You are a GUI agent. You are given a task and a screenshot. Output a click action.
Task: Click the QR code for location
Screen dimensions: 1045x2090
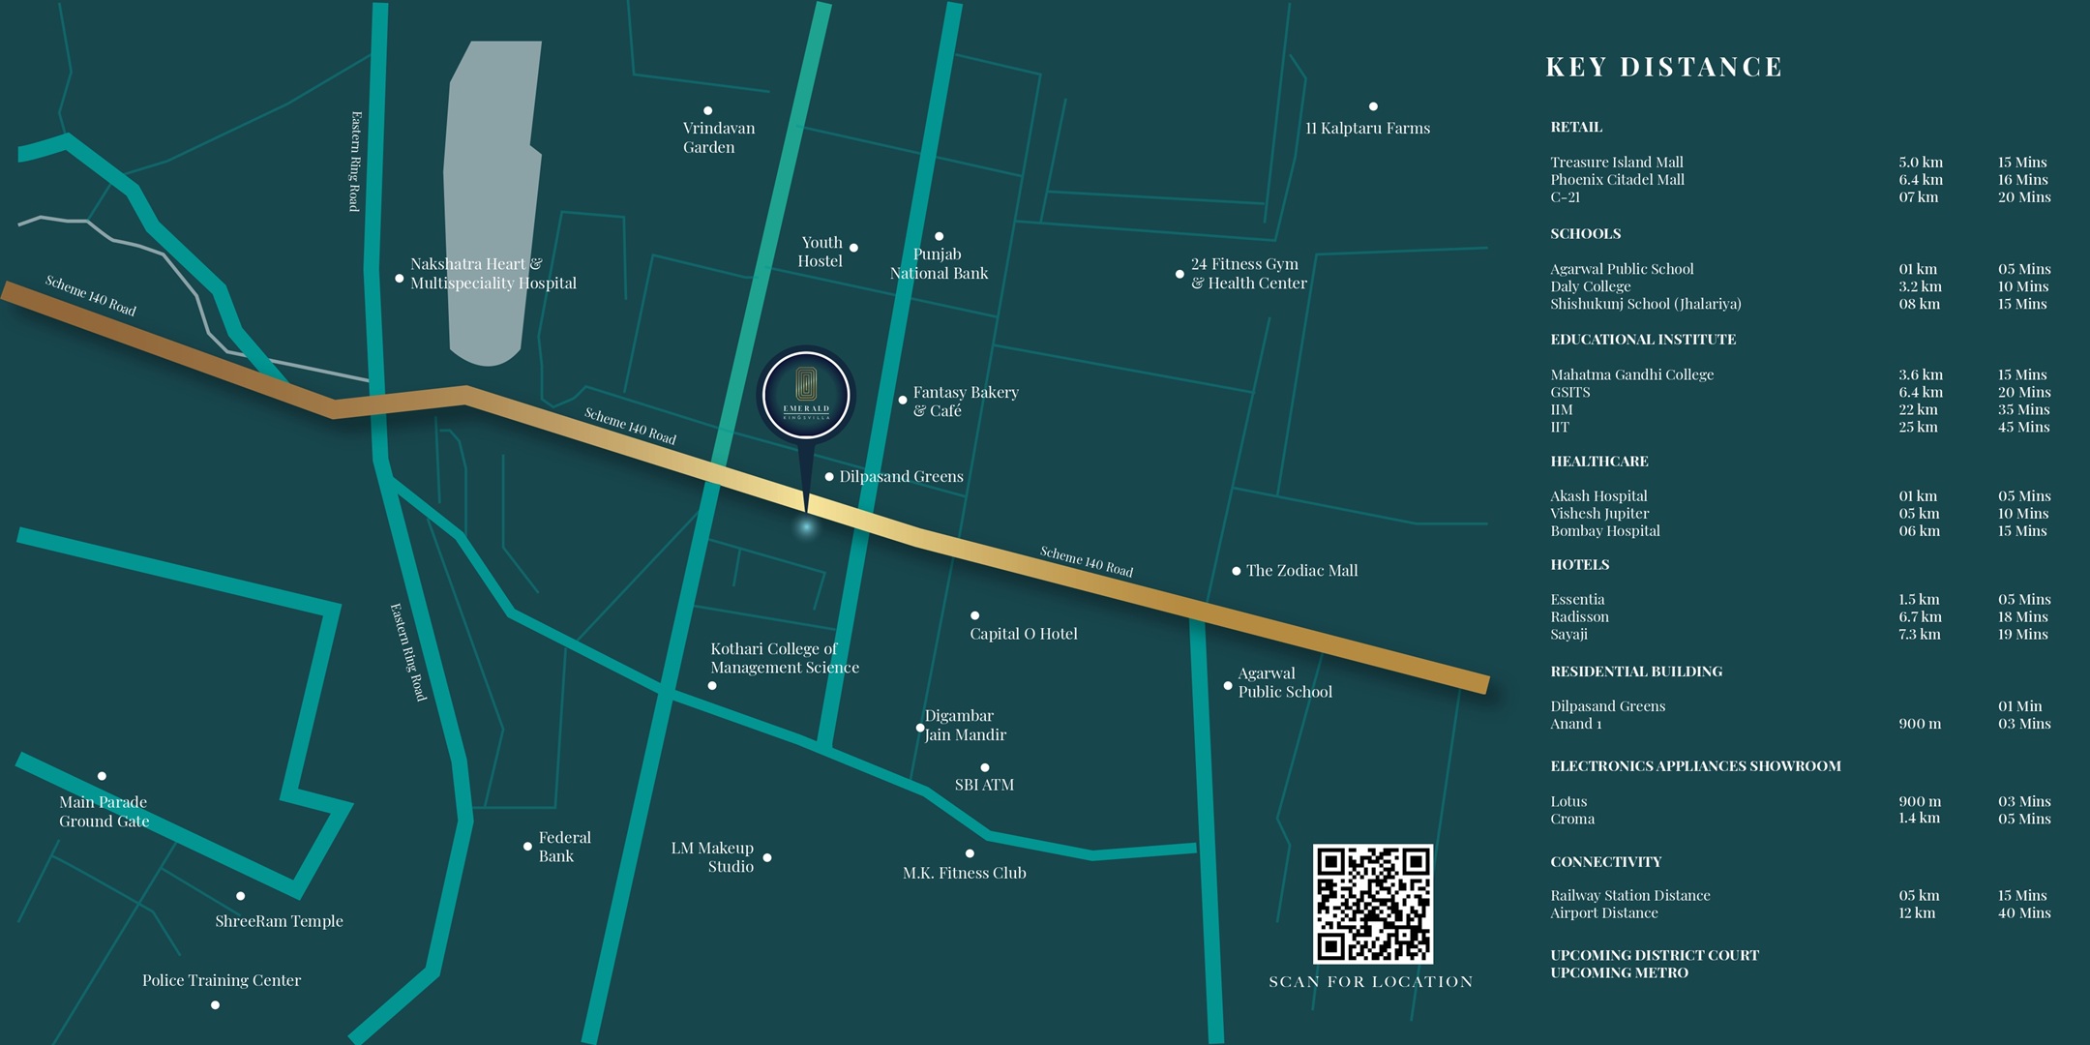1372,904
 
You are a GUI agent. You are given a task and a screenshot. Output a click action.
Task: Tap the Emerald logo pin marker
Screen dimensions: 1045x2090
806,396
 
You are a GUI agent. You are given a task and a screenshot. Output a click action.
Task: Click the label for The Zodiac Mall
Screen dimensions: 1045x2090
1301,571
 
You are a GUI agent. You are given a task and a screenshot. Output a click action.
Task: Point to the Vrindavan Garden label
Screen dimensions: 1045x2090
718,137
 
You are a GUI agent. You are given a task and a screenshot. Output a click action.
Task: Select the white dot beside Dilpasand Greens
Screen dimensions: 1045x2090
829,476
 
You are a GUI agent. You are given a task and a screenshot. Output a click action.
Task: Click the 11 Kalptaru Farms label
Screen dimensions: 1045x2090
1367,128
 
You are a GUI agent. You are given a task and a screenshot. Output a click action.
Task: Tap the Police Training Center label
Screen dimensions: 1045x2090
222,980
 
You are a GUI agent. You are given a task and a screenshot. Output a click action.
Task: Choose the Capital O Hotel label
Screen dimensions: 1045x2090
1023,634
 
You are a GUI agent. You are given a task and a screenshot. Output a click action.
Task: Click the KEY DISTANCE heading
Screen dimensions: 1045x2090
1663,67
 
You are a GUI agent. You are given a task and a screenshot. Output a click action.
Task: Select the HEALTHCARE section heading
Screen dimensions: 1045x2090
1598,462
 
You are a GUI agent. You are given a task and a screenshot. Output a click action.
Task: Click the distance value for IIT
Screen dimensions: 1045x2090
1918,427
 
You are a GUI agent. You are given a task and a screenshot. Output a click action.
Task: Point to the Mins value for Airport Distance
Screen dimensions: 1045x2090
2024,912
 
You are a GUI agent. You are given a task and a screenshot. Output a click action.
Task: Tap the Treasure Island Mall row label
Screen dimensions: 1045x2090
1616,162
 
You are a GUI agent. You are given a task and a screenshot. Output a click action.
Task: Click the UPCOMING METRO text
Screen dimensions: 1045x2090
1619,972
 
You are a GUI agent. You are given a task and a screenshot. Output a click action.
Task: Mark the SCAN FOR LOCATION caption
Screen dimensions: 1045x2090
1370,981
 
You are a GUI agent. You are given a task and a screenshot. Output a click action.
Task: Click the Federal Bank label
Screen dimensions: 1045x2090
564,847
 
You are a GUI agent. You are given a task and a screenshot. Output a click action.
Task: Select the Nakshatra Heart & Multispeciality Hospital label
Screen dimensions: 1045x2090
493,273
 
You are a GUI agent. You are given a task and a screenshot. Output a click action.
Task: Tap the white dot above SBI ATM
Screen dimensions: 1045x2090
984,767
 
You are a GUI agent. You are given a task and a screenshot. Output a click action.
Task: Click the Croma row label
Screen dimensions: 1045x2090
1572,819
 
